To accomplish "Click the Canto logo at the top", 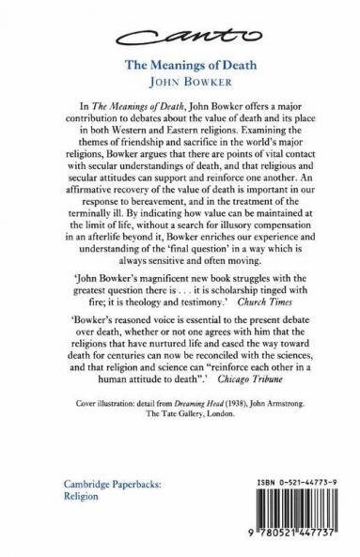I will pos(180,35).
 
